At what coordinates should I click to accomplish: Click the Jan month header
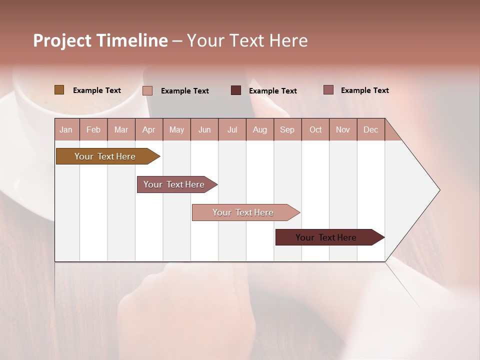[66, 129]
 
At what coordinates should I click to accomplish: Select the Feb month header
[93, 129]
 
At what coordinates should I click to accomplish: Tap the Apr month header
[148, 129]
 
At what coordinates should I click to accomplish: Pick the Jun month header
[204, 129]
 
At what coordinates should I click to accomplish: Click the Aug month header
[260, 129]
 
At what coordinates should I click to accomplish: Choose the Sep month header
[287, 129]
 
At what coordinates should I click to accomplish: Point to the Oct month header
[315, 129]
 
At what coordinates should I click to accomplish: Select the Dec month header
[370, 129]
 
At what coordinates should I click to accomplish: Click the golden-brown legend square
[59, 90]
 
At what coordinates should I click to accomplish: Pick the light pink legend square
[147, 90]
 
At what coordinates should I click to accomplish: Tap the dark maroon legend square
[236, 90]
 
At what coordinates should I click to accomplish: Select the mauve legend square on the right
[328, 90]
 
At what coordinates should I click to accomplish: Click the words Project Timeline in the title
[100, 40]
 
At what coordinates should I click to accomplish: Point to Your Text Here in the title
[247, 40]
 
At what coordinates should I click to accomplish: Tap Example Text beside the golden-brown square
[97, 90]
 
